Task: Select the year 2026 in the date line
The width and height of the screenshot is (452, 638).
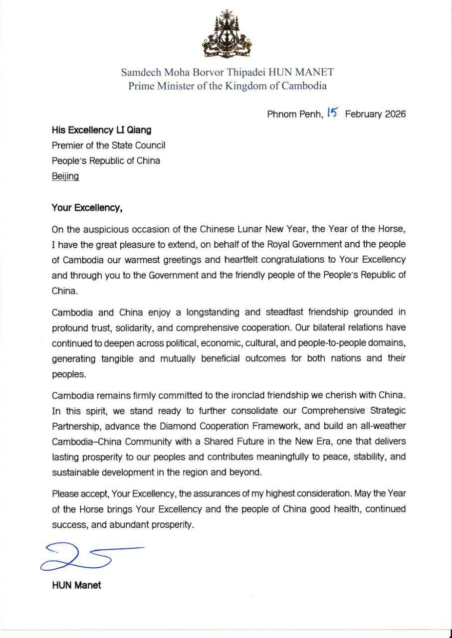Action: (x=395, y=114)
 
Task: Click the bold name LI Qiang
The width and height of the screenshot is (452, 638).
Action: (x=131, y=130)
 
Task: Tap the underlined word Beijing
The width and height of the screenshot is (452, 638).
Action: (x=65, y=176)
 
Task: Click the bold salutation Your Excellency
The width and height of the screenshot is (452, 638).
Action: (x=87, y=209)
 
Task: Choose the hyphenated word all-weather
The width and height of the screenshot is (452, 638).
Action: (x=382, y=427)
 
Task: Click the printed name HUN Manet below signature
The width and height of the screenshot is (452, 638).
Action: (x=76, y=585)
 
